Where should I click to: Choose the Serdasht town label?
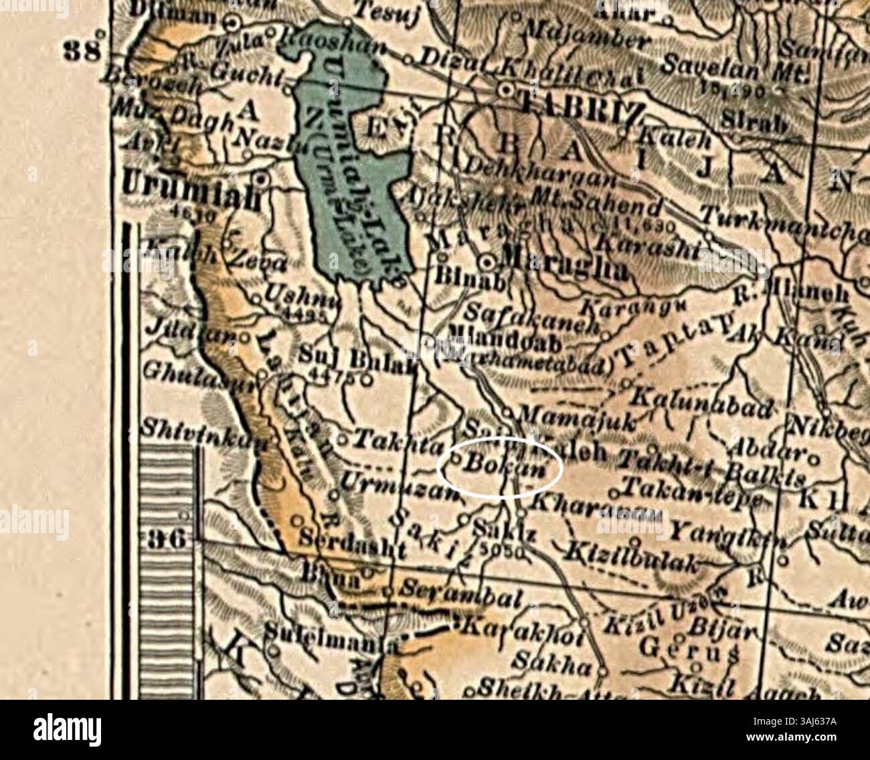[351, 539]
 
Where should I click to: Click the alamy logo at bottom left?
[67, 728]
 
